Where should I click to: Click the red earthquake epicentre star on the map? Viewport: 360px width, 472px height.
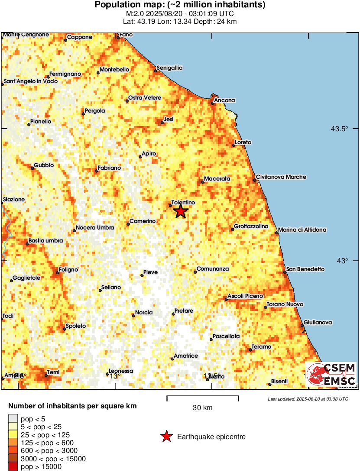coord(181,211)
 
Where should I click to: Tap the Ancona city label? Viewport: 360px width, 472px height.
coord(225,100)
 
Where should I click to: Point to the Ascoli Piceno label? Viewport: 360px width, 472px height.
coord(245,296)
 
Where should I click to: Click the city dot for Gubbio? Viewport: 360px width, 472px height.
coord(32,168)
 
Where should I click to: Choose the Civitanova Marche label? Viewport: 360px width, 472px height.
coord(281,177)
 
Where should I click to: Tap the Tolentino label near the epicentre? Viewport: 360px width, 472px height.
coord(183,203)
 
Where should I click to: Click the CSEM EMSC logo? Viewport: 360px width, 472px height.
coord(331,375)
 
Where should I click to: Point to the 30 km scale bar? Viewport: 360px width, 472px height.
coord(203,396)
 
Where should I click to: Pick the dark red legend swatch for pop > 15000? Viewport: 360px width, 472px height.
coord(13,466)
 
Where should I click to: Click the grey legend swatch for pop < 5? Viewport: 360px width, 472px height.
coord(13,418)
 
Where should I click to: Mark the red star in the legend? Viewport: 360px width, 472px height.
coord(166,437)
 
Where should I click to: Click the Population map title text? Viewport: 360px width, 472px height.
coord(180,5)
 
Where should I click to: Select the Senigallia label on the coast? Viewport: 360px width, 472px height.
coord(170,68)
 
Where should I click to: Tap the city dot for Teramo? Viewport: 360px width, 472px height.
coord(251,349)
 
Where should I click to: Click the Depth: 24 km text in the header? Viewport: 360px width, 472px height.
coord(218,21)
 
